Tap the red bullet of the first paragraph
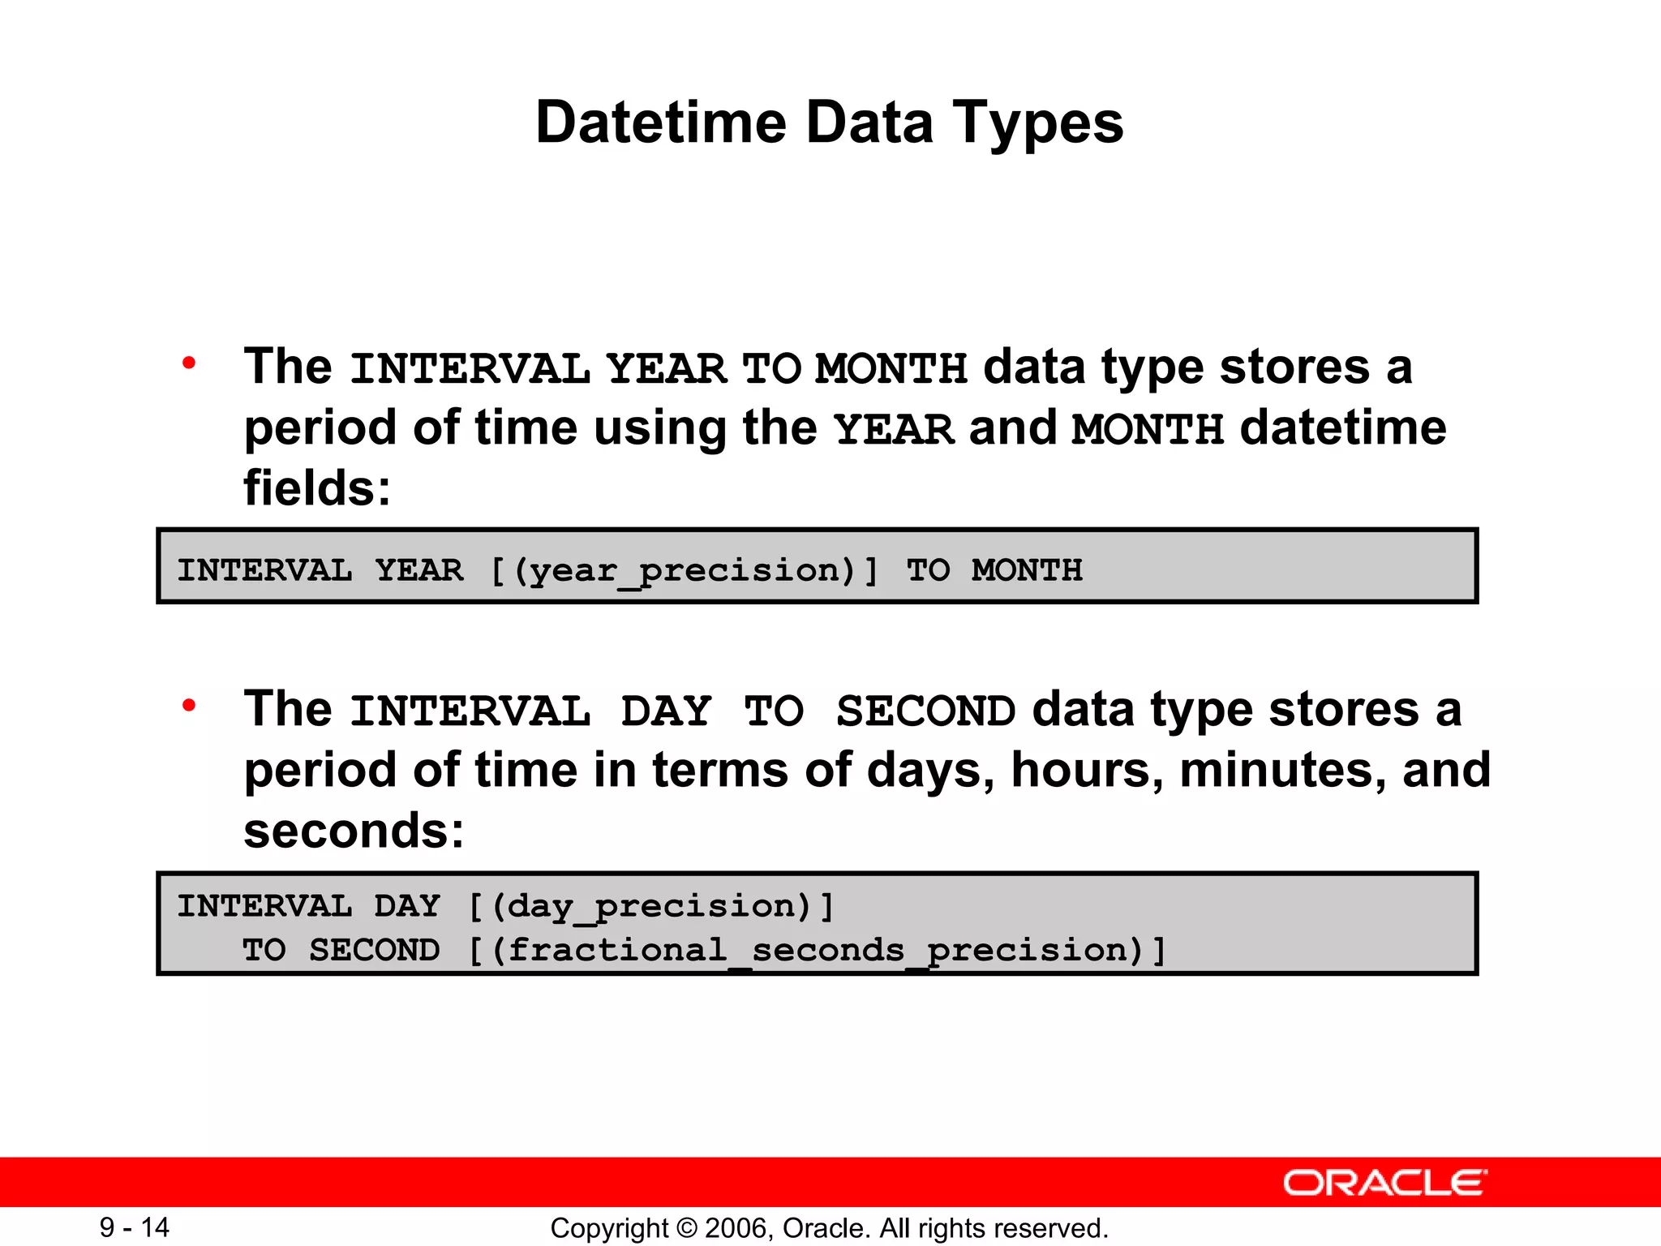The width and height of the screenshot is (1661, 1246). click(x=189, y=363)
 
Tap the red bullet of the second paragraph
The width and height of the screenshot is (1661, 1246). click(x=189, y=706)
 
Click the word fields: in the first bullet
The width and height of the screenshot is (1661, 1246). click(x=317, y=488)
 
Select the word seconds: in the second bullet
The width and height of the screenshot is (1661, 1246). click(x=354, y=831)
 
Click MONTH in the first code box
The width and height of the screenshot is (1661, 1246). click(x=1027, y=570)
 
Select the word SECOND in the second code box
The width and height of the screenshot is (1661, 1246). click(x=374, y=951)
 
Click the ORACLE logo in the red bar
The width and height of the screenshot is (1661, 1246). click(x=1384, y=1183)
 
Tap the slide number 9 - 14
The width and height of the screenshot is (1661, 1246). click(x=135, y=1227)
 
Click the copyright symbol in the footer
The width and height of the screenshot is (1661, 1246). click(x=686, y=1228)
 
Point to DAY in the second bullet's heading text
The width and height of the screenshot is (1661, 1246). click(x=666, y=711)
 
